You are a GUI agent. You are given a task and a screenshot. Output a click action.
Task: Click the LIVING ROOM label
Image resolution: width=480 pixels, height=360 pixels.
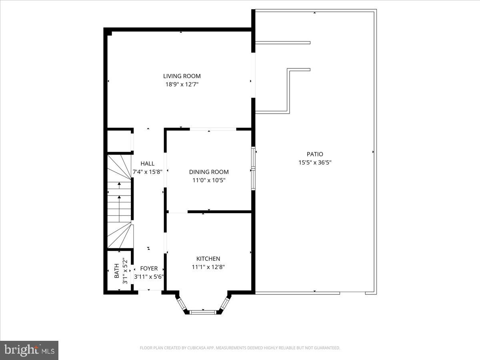pos(182,76)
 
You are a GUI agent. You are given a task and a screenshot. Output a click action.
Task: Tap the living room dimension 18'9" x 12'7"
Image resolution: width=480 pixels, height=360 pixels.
pos(182,84)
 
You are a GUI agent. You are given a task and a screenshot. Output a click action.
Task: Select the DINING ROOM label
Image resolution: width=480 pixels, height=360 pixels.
pos(209,172)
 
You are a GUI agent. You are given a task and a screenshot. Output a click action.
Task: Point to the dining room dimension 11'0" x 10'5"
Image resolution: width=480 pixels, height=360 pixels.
pos(209,180)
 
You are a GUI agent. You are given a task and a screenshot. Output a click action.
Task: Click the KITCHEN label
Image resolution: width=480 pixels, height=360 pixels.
pos(208,259)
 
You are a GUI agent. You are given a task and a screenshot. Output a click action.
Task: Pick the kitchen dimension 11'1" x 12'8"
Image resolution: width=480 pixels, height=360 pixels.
pos(208,267)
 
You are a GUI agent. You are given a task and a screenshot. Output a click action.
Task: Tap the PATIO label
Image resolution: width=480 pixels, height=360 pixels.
pos(315,154)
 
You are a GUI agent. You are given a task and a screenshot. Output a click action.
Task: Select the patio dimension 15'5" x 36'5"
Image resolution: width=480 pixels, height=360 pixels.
pos(315,162)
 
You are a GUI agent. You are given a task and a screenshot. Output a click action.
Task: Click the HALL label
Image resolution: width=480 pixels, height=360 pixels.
pos(147,164)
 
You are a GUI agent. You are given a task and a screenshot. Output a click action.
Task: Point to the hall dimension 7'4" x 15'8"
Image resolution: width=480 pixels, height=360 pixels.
pos(147,172)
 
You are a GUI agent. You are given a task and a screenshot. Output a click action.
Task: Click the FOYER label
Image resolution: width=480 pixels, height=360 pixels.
pos(149,268)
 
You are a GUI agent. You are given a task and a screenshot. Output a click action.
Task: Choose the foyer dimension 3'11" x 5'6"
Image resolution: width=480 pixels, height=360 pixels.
pos(149,276)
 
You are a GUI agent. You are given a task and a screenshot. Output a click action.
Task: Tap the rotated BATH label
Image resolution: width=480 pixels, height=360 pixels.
pos(116,271)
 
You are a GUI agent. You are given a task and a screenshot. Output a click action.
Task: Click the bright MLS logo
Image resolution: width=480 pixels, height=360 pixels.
pos(29,350)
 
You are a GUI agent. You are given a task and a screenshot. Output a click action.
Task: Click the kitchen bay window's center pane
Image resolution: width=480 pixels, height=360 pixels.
pos(203,312)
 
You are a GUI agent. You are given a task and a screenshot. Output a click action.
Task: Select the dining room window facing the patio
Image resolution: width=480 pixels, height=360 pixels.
pos(253,168)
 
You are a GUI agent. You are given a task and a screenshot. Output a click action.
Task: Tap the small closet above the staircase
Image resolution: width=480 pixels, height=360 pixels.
pos(119,141)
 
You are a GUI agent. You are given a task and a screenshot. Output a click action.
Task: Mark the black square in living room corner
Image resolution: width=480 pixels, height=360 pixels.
pos(110,33)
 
